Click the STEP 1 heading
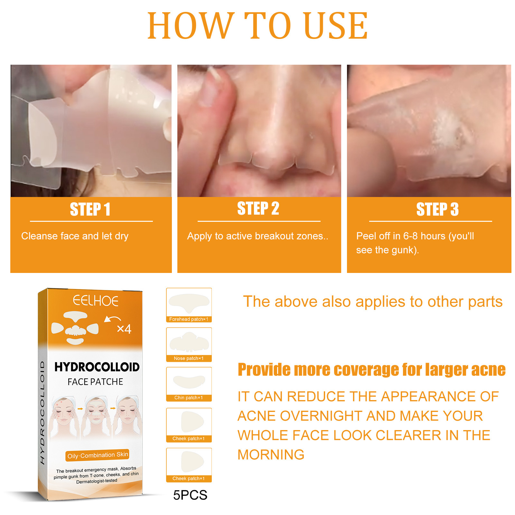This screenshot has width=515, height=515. point(90,209)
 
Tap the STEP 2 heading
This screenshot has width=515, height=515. point(258,208)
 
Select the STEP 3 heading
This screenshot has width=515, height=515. point(437,209)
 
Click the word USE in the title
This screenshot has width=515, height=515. point(335,26)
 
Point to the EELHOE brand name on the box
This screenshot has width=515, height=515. point(96,301)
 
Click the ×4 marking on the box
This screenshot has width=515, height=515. point(124,329)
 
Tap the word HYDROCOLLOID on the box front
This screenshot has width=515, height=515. point(97,367)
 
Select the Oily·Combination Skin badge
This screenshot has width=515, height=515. point(98,455)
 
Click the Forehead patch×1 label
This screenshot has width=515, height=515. point(189,319)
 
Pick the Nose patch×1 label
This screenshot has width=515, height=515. point(189,358)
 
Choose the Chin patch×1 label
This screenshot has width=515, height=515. point(189,398)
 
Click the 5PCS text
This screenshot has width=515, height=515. point(190,495)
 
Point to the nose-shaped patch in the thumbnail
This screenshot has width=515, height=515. point(189,342)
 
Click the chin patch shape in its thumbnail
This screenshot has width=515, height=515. point(189,381)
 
